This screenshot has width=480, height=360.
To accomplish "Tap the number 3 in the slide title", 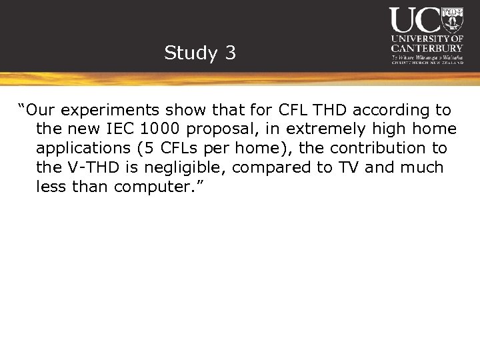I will [230, 53].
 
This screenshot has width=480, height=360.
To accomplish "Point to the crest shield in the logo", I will [453, 20].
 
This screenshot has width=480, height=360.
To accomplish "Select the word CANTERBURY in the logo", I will [427, 49].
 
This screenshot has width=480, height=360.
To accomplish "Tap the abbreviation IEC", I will [120, 129].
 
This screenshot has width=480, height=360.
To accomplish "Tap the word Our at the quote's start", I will [41, 110].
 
